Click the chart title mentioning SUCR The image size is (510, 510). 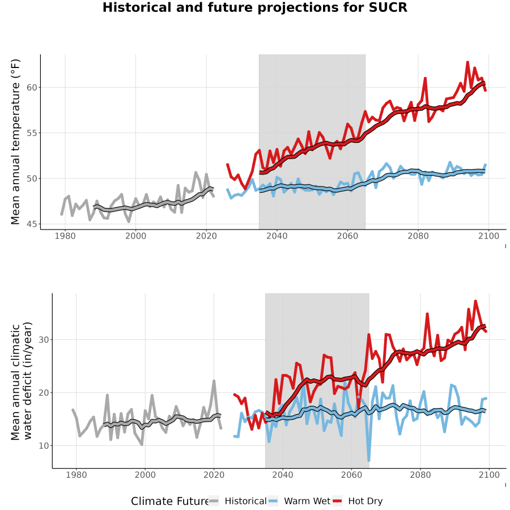[254, 7]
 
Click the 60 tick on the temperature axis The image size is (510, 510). [32, 87]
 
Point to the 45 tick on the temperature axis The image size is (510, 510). [32, 224]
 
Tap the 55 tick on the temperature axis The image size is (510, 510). [32, 133]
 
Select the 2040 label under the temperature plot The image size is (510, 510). [277, 236]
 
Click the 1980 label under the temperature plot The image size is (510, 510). [65, 236]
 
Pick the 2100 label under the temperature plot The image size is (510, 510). [488, 236]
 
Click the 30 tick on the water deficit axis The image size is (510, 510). [44, 339]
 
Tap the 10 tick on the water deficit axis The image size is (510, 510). [44, 445]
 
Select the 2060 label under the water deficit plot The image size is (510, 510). [351, 475]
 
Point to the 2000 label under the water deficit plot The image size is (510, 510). [145, 475]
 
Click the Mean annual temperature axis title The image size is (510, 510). [15, 142]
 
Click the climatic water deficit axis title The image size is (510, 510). [22, 381]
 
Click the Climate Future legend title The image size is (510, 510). [169, 501]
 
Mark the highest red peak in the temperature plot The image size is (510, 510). [467, 62]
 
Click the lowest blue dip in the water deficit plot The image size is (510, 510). [368, 460]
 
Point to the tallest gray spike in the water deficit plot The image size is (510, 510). [214, 381]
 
